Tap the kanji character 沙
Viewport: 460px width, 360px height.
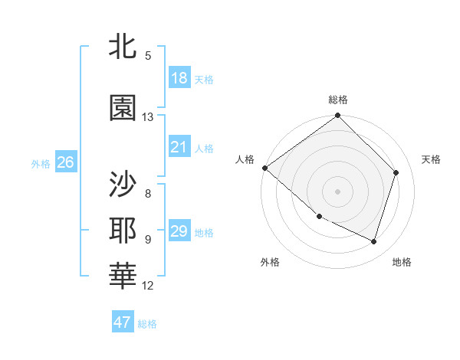pos(123,184)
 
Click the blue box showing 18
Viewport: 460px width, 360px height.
pos(179,77)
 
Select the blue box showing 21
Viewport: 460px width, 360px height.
pos(179,146)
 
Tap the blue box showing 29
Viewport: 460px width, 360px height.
pos(179,231)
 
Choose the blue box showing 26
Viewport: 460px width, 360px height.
pos(65,162)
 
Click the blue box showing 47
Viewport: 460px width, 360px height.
pos(123,322)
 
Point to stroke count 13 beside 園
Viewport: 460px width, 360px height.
pos(148,117)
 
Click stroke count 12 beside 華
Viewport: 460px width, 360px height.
pos(148,286)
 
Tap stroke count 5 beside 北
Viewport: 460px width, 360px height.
pos(148,55)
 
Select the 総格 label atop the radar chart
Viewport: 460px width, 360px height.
pos(338,100)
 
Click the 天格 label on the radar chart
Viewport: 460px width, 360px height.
pos(432,159)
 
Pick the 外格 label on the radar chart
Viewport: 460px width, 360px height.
pos(270,263)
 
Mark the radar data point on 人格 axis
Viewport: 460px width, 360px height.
pos(264,168)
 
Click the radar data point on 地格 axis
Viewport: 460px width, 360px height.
pos(374,242)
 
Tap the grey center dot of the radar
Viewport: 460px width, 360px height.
pos(338,191)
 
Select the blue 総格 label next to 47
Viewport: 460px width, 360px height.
pos(147,324)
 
